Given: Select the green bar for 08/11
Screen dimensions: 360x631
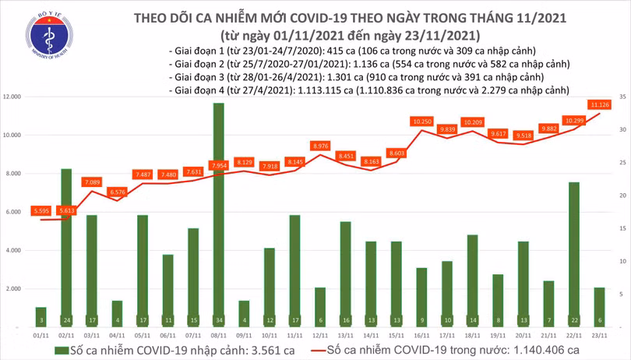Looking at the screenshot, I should pos(219,210).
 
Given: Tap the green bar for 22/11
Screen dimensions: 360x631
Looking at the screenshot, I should pos(573,249).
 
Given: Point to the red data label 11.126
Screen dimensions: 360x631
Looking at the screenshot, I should pos(600,104).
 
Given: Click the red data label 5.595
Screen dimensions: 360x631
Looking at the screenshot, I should pos(41,210).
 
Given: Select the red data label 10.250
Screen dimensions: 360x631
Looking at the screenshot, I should pos(421,122).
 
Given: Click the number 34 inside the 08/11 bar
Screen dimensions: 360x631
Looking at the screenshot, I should pos(219,320).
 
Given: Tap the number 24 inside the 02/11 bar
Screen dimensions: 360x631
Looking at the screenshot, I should pos(66,320).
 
